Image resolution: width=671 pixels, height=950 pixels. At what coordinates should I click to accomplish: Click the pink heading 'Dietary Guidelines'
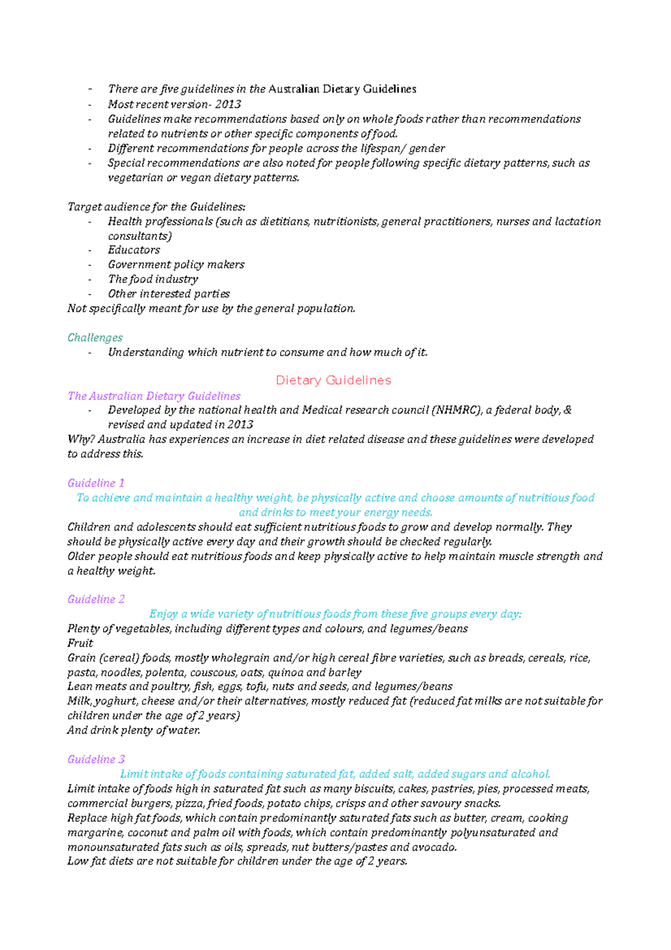pos(333,380)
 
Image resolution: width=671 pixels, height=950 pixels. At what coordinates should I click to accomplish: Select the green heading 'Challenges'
pos(95,338)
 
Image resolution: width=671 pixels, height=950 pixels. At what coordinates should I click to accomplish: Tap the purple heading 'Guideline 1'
pos(96,483)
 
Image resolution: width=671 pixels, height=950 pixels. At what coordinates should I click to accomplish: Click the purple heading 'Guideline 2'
pos(96,599)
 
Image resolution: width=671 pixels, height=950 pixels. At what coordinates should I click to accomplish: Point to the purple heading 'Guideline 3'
pos(96,759)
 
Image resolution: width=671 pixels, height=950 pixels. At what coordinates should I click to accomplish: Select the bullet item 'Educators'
pos(134,250)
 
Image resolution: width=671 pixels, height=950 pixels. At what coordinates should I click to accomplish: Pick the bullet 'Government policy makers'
pos(176,265)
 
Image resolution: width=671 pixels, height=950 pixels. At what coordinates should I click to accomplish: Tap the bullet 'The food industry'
pos(153,279)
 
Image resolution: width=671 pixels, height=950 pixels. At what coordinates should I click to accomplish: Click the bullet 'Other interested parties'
pos(168,294)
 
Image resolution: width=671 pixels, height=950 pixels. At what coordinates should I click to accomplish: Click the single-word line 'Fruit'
pos(80,643)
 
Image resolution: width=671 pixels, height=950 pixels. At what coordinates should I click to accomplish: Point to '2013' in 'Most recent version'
pos(228,105)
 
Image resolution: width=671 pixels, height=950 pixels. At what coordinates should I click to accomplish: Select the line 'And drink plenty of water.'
pos(133,731)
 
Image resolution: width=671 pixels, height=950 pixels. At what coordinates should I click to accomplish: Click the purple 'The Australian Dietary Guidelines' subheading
pos(154,396)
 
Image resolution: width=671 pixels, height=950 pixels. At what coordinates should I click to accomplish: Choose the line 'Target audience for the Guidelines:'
pos(156,207)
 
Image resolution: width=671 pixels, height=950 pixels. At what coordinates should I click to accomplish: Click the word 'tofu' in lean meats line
pos(256,686)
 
